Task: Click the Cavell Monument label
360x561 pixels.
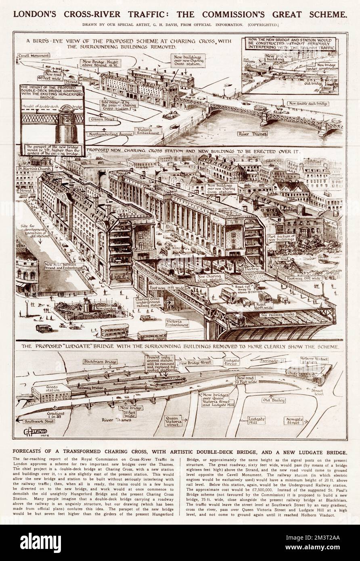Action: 34,55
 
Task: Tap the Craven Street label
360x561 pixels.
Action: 104,119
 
